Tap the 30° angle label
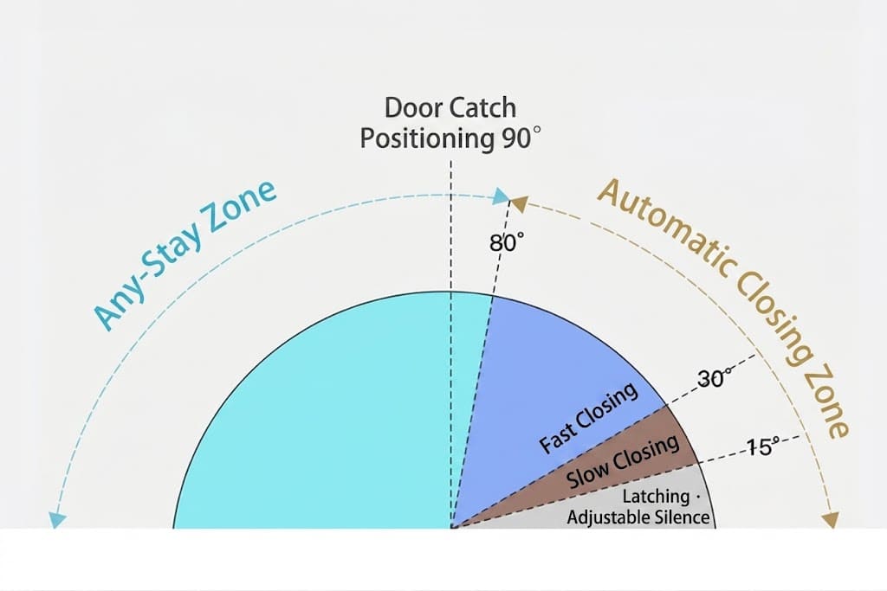715,378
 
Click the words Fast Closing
588,418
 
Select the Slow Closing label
623,461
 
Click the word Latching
657,497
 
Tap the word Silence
683,517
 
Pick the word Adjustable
609,517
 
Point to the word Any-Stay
146,279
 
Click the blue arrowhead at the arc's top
502,196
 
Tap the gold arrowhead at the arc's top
519,204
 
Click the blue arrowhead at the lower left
56,519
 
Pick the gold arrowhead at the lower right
831,519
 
